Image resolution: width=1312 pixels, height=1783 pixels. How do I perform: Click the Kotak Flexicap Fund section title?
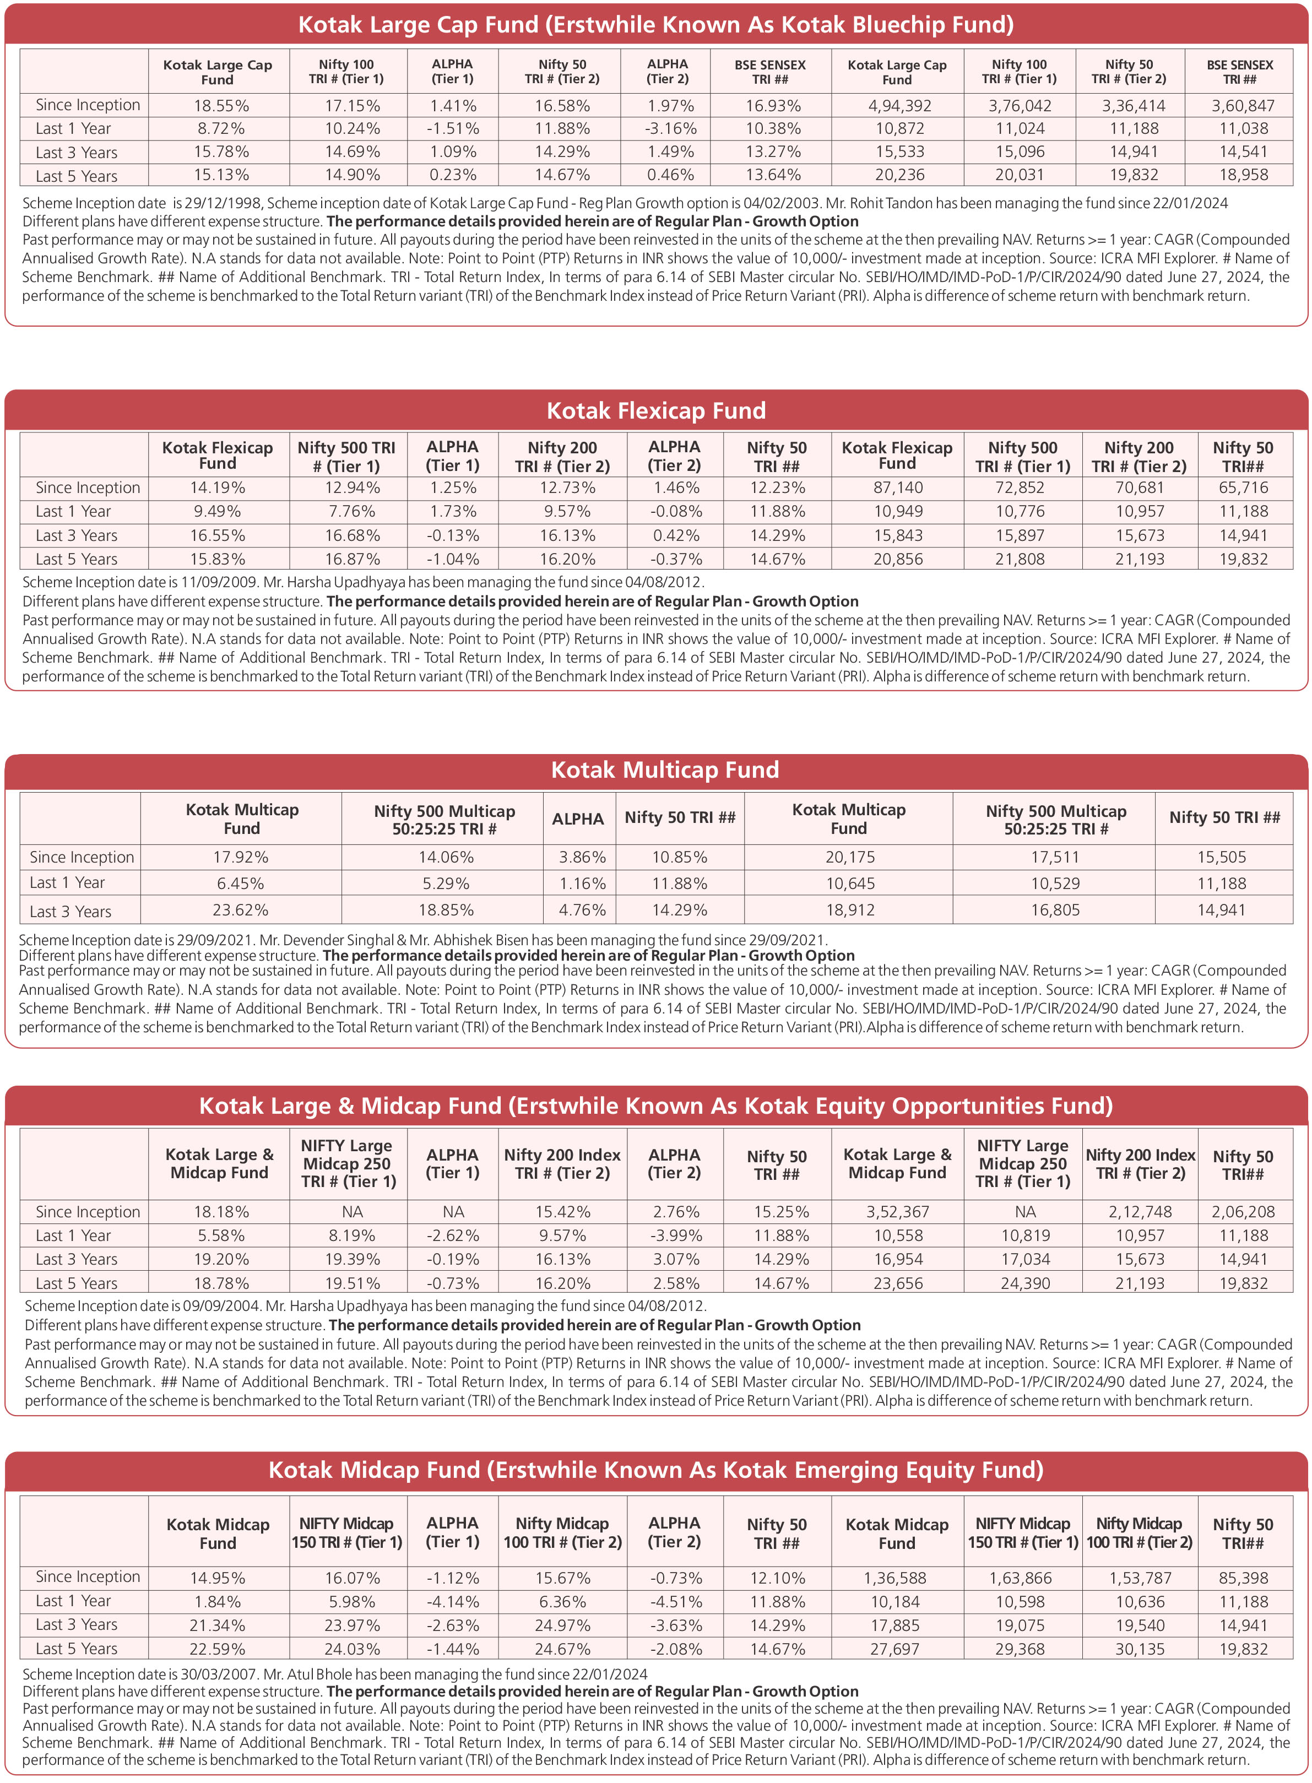click(x=656, y=410)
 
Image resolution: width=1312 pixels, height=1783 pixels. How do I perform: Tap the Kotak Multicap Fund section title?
click(x=665, y=769)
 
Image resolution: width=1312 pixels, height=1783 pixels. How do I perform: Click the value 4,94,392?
click(x=899, y=106)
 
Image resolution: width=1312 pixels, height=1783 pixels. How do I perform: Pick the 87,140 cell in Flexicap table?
click(x=898, y=487)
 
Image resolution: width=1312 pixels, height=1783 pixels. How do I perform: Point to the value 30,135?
click(x=1140, y=1649)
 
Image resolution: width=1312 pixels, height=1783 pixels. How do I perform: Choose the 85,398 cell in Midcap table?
click(x=1243, y=1578)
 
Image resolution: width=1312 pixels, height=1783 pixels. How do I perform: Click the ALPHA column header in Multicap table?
click(x=578, y=819)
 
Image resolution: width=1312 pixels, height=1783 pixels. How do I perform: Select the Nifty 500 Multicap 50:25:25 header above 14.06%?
click(x=444, y=820)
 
